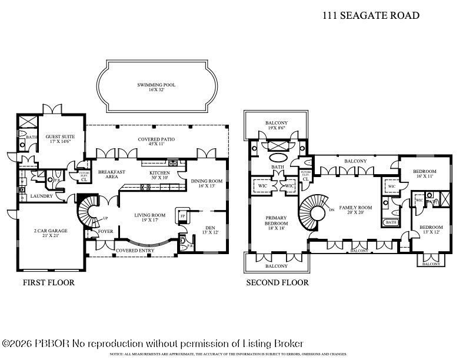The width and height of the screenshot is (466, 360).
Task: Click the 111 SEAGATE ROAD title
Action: [371, 16]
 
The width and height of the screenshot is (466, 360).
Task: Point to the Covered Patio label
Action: [157, 139]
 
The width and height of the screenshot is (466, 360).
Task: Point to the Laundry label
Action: [42, 196]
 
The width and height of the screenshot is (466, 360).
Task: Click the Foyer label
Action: [106, 231]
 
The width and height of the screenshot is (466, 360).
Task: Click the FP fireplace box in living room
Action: [182, 216]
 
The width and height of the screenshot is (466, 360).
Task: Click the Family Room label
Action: [356, 211]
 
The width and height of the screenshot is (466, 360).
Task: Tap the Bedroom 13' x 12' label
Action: [431, 229]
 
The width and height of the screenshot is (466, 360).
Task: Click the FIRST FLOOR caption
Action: [49, 282]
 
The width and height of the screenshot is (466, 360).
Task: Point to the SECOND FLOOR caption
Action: [277, 282]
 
